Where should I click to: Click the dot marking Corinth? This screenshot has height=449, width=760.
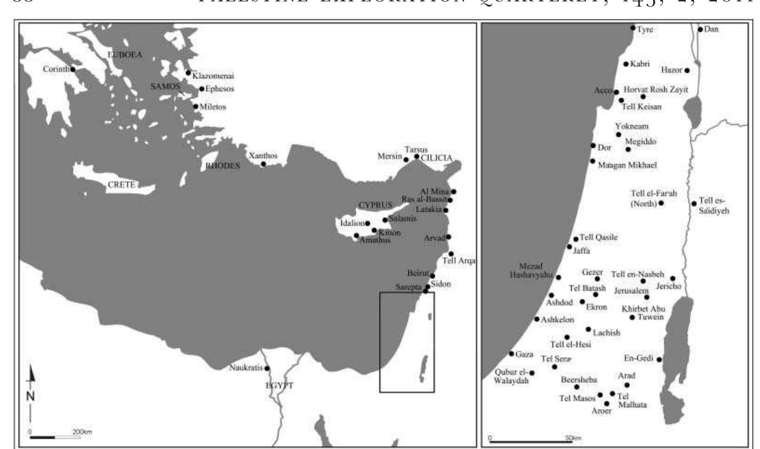pyautogui.click(x=73, y=70)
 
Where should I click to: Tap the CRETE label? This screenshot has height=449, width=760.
pyautogui.click(x=121, y=185)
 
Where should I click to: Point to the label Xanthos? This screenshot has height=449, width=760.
pyautogui.click(x=263, y=156)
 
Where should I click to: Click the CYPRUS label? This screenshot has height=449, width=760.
pyautogui.click(x=375, y=205)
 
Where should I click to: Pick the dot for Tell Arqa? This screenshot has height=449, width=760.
pyautogui.click(x=451, y=254)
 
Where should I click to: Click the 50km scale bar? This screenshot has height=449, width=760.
pyautogui.click(x=531, y=441)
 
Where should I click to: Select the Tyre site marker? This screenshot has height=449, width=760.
pyautogui.click(x=633, y=28)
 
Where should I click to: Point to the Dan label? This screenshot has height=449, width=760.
pyautogui.click(x=711, y=29)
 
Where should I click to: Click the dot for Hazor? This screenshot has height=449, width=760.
pyautogui.click(x=687, y=71)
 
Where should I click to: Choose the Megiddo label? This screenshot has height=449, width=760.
pyautogui.click(x=641, y=142)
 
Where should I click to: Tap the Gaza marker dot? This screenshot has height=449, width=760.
pyautogui.click(x=511, y=354)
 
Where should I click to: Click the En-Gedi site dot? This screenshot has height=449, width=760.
pyautogui.click(x=659, y=359)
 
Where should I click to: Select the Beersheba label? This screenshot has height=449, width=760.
pyautogui.click(x=578, y=379)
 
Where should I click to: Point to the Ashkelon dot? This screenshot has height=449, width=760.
pyautogui.click(x=537, y=319)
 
